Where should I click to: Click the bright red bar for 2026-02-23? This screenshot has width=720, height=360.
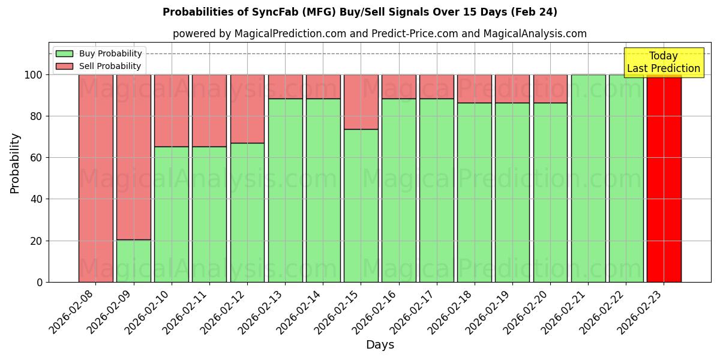tap(664, 178)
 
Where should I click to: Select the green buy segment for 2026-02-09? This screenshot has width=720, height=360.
tap(133, 261)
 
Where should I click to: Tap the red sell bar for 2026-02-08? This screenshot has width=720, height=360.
tap(95, 178)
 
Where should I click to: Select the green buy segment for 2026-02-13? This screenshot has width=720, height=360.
tap(285, 190)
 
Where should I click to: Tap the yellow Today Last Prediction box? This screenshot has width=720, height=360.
tap(663, 62)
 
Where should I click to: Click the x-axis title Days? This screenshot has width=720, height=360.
tap(380, 345)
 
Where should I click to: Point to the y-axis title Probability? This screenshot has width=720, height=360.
tap(15, 163)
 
